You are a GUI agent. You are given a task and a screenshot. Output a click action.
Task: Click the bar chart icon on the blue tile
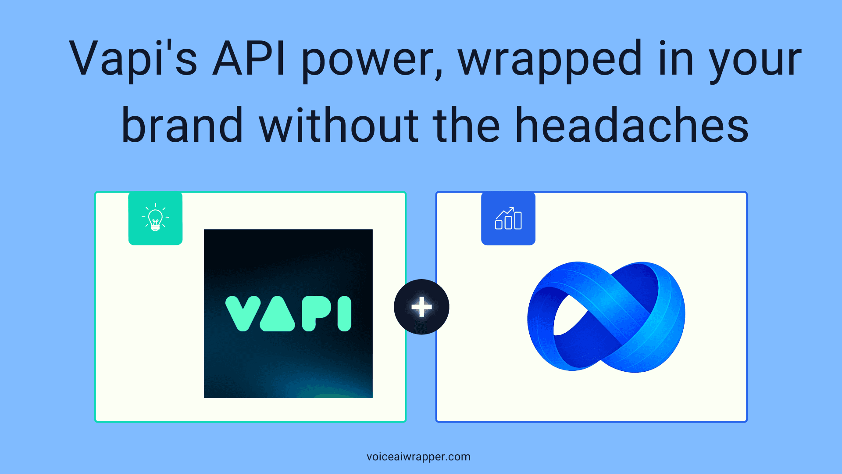(x=508, y=218)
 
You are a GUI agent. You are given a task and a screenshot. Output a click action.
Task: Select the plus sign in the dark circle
(x=421, y=307)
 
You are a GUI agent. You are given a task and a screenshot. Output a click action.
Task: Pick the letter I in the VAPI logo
(x=345, y=313)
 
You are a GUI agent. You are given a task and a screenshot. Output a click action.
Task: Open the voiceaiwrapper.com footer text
(x=418, y=457)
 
